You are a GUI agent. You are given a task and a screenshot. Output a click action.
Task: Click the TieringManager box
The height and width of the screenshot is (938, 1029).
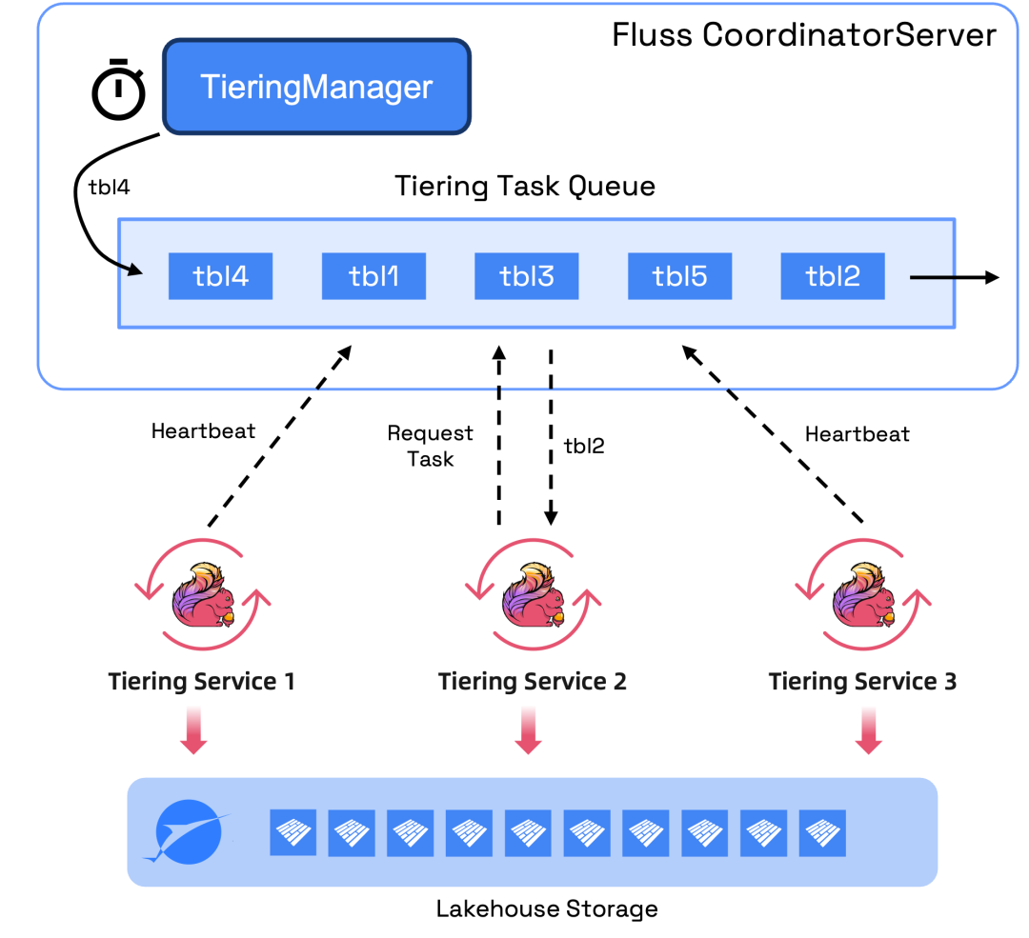click(316, 87)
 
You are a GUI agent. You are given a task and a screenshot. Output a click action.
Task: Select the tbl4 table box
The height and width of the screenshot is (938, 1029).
click(220, 276)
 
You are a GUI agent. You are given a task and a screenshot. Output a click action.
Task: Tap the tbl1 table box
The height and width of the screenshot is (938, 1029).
click(373, 276)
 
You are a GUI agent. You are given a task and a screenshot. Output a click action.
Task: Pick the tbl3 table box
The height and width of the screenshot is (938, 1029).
click(527, 276)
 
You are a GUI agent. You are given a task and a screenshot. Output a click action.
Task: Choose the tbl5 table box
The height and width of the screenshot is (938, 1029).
click(679, 276)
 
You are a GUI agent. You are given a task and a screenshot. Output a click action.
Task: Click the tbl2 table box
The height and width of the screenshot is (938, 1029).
click(833, 276)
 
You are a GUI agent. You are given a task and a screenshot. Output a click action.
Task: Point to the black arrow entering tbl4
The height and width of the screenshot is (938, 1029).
click(131, 269)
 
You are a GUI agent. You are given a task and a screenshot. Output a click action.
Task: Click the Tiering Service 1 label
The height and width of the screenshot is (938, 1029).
click(201, 682)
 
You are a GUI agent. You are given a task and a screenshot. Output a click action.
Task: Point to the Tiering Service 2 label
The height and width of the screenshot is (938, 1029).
click(532, 682)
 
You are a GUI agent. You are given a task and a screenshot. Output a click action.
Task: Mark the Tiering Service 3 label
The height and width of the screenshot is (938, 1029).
click(862, 682)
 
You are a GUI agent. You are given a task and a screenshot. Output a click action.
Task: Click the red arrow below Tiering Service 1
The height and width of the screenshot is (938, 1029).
click(193, 731)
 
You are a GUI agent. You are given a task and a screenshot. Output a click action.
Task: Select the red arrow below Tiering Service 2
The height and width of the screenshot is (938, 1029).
click(528, 731)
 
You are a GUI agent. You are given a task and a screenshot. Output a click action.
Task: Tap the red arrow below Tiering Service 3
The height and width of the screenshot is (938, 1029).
click(867, 731)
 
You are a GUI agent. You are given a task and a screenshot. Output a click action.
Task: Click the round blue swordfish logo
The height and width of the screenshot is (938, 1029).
click(190, 831)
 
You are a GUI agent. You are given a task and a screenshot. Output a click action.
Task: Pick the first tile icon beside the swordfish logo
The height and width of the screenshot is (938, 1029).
click(293, 832)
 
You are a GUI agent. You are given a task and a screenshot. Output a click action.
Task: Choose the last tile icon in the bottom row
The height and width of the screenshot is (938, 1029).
click(822, 832)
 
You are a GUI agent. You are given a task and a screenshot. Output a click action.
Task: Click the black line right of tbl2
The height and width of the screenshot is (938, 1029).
click(933, 278)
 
